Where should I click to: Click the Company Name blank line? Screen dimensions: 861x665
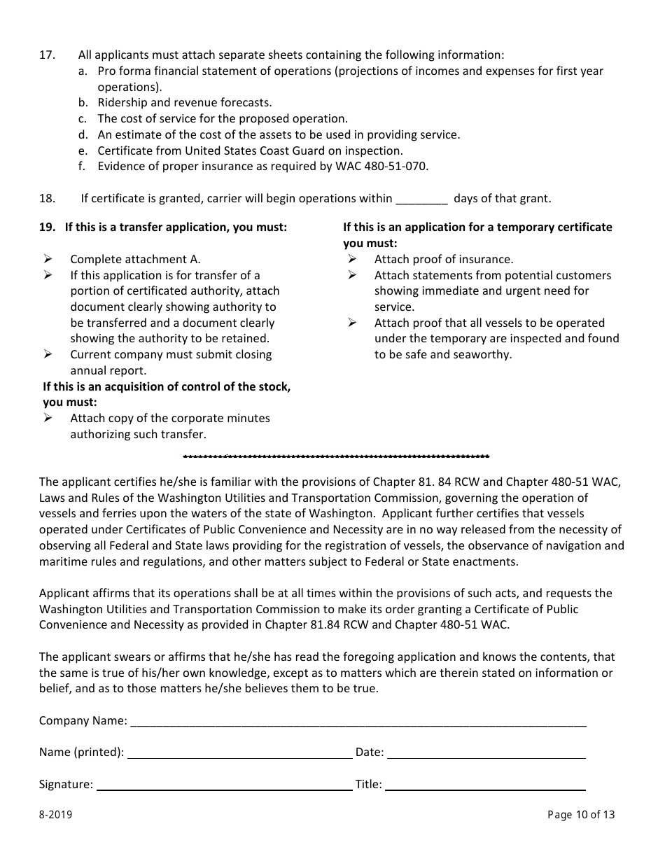tap(358, 722)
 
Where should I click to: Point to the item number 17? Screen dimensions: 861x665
tap(47, 55)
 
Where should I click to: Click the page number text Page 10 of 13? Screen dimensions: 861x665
tap(581, 814)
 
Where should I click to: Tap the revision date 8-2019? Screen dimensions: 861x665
tap(55, 814)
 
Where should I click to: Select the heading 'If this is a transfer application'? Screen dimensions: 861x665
tap(175, 227)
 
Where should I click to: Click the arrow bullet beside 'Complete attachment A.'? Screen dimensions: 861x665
tap(48, 259)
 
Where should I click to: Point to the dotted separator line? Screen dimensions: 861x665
tap(336, 456)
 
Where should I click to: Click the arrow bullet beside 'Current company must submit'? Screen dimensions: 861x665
tap(48, 354)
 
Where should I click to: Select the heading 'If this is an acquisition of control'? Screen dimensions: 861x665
tap(167, 386)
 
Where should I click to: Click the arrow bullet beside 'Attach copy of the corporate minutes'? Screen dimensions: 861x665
tap(48, 418)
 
